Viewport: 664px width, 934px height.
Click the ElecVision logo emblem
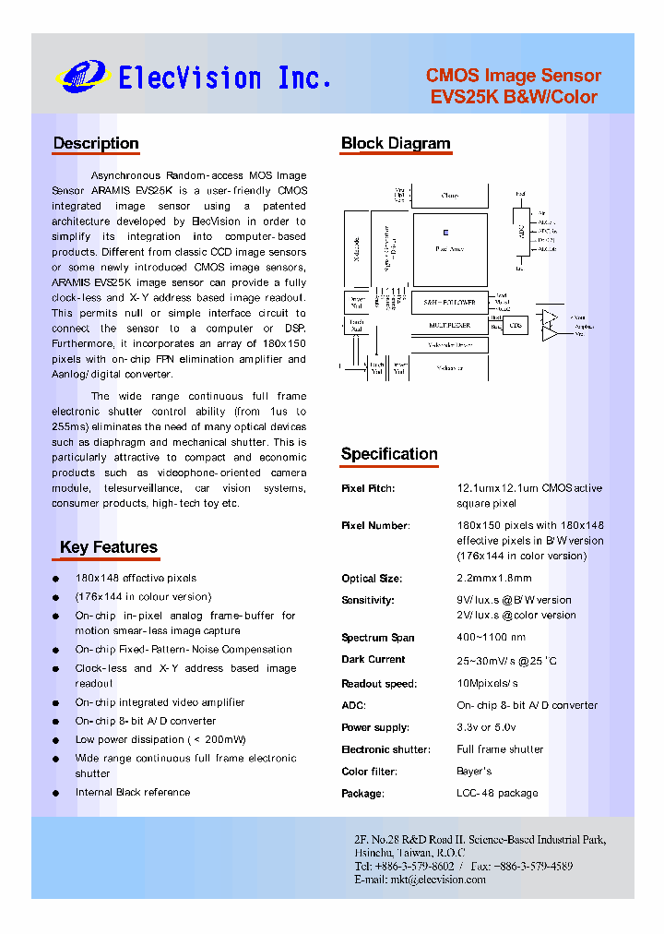(x=83, y=76)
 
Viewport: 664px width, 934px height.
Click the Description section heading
(x=96, y=143)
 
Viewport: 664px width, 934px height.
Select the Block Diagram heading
(x=396, y=143)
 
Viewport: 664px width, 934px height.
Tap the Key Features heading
(x=108, y=547)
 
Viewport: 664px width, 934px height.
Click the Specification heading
(x=389, y=453)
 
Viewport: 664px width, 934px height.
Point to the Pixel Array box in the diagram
(x=449, y=248)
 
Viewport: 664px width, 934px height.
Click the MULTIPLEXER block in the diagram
(x=449, y=326)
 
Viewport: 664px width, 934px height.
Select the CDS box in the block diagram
(x=516, y=326)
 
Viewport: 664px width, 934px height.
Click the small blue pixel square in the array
(x=445, y=233)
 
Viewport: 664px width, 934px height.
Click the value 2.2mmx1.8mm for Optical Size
(x=494, y=579)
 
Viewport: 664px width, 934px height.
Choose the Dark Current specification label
(x=373, y=660)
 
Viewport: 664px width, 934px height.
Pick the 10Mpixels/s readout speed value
(x=487, y=684)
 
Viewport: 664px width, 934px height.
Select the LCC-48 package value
(x=497, y=794)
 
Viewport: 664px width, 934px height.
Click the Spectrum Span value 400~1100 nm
(x=491, y=638)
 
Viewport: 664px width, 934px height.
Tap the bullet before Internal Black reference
(x=57, y=793)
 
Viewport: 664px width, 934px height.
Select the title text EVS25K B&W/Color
(x=514, y=97)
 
